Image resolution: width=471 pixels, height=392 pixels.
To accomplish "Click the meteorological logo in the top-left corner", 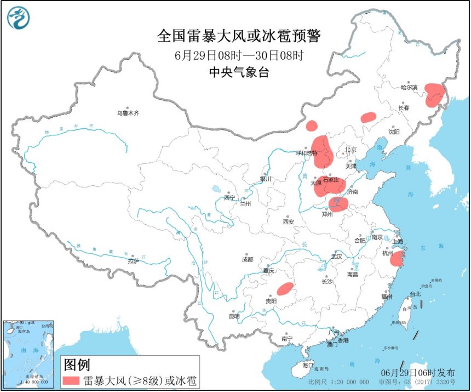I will (18, 18).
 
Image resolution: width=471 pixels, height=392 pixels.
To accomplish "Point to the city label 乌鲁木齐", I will (128, 113).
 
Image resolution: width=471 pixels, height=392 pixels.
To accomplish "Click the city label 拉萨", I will (134, 261).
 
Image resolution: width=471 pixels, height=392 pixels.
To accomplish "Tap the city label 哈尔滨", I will (409, 87).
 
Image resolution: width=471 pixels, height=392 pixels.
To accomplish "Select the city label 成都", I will (248, 259).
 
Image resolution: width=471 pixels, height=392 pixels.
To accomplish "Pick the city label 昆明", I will (234, 316).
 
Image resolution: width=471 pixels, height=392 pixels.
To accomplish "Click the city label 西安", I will (289, 221).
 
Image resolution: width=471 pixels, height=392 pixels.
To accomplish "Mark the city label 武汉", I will (336, 256).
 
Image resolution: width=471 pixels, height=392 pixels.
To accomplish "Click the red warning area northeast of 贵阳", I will (285, 288).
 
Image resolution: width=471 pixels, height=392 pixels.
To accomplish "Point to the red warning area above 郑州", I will (338, 204).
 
